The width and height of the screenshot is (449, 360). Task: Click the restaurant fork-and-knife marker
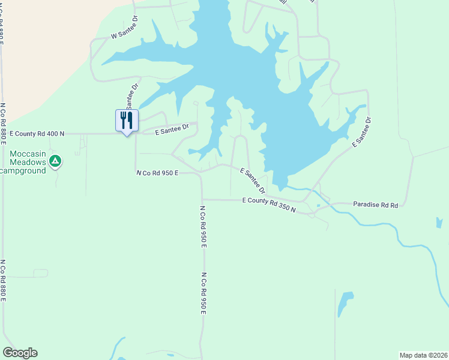pyautogui.click(x=127, y=120)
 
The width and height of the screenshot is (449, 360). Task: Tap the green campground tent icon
pyautogui.click(x=55, y=160)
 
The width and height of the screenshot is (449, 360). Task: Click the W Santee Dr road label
pyautogui.click(x=124, y=36)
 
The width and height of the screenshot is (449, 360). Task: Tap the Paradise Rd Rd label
pyautogui.click(x=376, y=205)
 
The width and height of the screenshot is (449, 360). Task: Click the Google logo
pyautogui.click(x=20, y=353)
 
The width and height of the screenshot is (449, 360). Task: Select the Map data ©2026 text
pyautogui.click(x=423, y=355)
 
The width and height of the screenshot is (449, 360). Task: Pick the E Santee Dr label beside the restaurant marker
pyautogui.click(x=172, y=128)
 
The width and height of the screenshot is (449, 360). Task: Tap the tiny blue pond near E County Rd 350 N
pyautogui.click(x=318, y=206)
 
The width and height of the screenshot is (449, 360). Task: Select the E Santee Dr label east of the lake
pyautogui.click(x=362, y=132)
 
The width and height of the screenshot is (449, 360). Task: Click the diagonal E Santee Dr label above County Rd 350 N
pyautogui.click(x=253, y=180)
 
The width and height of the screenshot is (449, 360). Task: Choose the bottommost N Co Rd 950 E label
pyautogui.click(x=203, y=293)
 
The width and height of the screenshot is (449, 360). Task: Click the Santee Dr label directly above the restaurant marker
pyautogui.click(x=131, y=96)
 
